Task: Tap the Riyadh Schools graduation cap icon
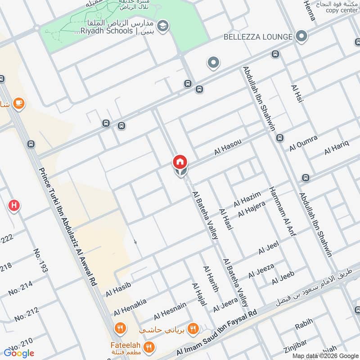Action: (163, 24)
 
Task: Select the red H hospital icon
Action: (14, 206)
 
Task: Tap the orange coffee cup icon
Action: (18, 103)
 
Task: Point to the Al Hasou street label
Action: (228, 147)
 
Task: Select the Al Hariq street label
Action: (336, 148)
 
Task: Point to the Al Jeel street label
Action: (268, 247)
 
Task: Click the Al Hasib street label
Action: (118, 288)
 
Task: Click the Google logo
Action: (19, 353)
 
